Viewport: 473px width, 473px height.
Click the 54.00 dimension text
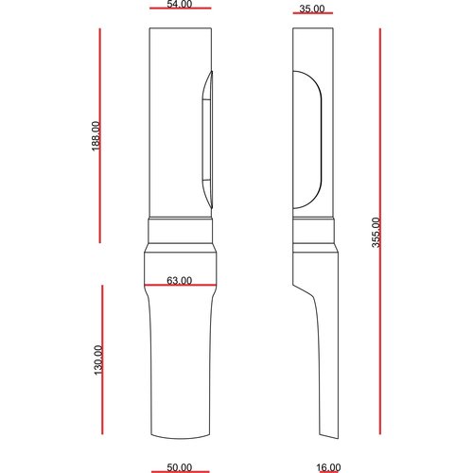click(x=180, y=6)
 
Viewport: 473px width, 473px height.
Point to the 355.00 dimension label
click(x=375, y=233)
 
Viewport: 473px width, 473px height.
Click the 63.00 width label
click(x=179, y=280)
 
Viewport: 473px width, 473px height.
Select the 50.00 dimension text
click(x=179, y=467)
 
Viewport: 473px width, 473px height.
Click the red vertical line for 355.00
click(x=380, y=233)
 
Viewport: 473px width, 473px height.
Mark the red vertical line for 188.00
click(x=101, y=135)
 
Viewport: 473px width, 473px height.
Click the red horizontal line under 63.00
click(x=179, y=286)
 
